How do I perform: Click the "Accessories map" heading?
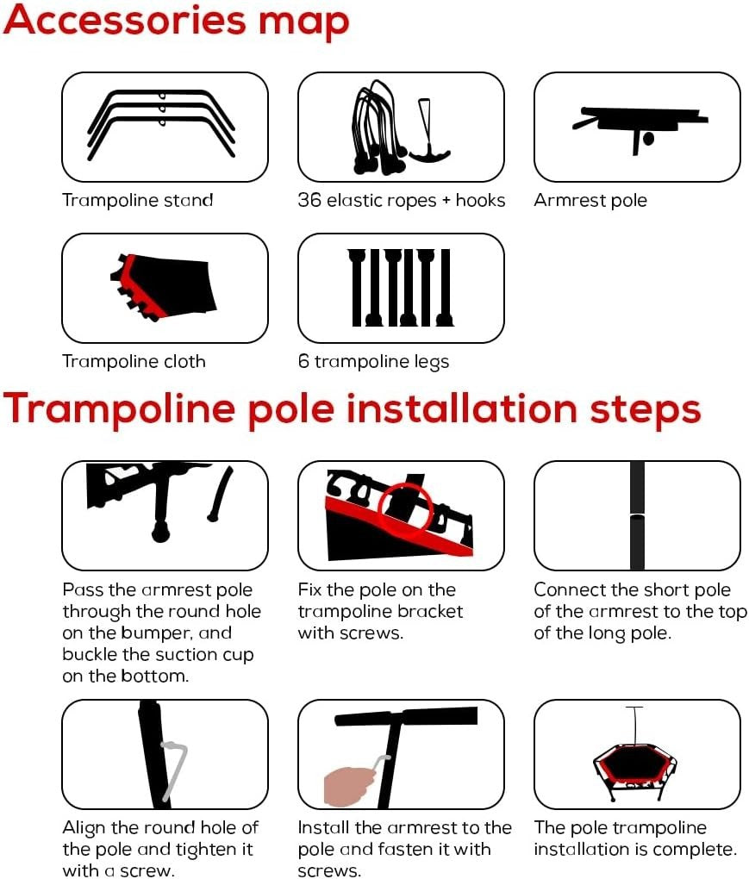tap(177, 22)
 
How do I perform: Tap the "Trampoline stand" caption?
tap(138, 200)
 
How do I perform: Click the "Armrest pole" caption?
tap(590, 200)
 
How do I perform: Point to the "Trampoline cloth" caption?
tap(134, 362)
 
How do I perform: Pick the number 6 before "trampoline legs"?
tap(304, 362)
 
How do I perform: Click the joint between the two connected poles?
tap(637, 514)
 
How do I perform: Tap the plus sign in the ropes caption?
tap(446, 201)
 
